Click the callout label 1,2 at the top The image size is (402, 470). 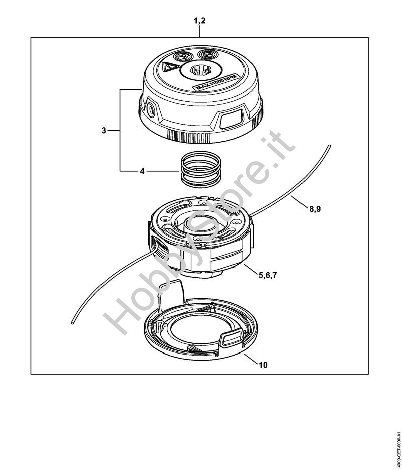[199, 21]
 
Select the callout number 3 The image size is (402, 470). [104, 131]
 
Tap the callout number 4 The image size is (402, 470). [142, 171]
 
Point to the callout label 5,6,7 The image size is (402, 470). [268, 275]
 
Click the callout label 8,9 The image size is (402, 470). [315, 209]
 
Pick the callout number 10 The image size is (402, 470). [263, 365]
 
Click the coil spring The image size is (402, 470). [200, 171]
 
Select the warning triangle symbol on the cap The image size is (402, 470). [169, 67]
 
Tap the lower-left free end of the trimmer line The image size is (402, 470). [72, 322]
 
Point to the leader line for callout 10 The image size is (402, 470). [251, 359]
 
